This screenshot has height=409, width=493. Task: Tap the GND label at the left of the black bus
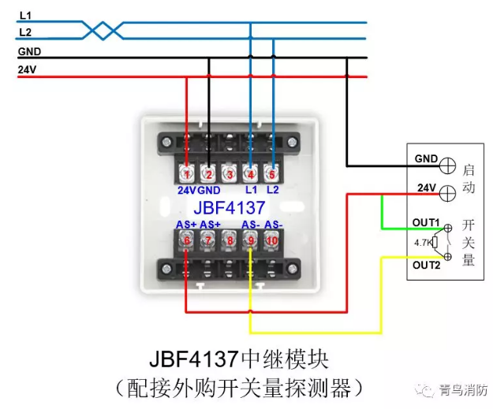[29, 52]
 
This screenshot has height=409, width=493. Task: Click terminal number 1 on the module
[186, 174]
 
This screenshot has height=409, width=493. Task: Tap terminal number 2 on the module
[207, 174]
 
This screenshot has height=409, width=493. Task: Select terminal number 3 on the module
[230, 174]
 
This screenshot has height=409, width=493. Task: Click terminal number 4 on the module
[251, 174]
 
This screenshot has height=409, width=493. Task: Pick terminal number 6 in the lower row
[186, 240]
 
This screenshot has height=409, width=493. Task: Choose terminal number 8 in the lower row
[230, 240]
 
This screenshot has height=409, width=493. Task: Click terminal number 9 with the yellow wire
[251, 240]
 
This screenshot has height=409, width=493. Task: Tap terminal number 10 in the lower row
[273, 240]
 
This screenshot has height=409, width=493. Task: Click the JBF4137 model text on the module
[230, 208]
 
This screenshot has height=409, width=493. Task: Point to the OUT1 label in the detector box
[427, 223]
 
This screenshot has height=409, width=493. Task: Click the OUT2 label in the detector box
[427, 265]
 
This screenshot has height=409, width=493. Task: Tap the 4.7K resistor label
[423, 244]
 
